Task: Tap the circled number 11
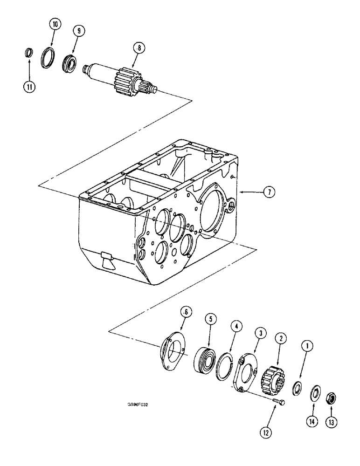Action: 29,86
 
